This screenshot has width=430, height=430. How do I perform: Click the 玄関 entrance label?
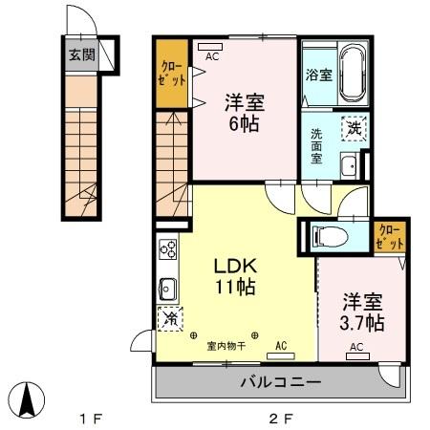pyautogui.click(x=80, y=55)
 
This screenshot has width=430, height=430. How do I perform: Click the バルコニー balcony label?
pyautogui.click(x=281, y=382)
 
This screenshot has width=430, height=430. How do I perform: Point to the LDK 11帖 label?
pyautogui.click(x=235, y=275)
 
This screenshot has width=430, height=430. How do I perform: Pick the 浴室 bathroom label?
pyautogui.click(x=319, y=74)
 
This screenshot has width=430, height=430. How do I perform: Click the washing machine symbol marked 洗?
pyautogui.click(x=355, y=126)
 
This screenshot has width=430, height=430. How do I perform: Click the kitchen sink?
pyautogui.click(x=167, y=288)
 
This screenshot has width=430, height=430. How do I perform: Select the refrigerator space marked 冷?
pyautogui.click(x=169, y=319)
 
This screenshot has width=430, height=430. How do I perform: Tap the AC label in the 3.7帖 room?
pyautogui.click(x=355, y=347)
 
